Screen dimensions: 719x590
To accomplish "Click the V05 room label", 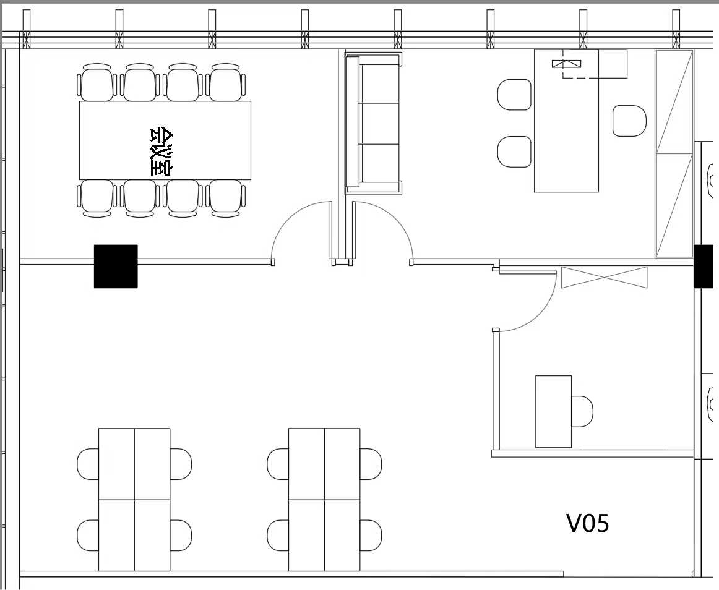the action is point(588,523).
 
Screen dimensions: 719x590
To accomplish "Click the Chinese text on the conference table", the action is point(161,152).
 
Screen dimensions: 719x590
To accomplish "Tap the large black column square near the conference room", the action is point(116,267).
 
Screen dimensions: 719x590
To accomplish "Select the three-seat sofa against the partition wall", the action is point(373,123).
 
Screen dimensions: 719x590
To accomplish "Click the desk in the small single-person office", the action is point(553,411).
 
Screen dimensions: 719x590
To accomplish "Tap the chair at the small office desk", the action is point(582,411).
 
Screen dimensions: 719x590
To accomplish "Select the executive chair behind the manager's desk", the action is point(629,121).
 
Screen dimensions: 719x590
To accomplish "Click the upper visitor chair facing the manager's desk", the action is point(514,95).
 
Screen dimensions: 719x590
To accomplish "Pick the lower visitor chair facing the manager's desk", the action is point(514,152).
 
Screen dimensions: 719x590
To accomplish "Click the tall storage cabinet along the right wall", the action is point(674,153).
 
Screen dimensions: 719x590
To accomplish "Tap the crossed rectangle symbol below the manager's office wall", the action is point(605,277).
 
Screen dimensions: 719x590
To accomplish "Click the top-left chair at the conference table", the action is point(97,82).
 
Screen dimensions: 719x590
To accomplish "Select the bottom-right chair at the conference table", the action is point(226,198).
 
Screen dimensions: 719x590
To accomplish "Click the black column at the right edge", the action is point(704,267).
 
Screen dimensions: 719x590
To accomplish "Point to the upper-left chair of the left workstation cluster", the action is point(88,464).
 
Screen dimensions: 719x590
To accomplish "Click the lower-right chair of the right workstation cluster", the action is point(371,535).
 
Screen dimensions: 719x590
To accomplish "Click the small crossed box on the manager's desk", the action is point(566,64).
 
